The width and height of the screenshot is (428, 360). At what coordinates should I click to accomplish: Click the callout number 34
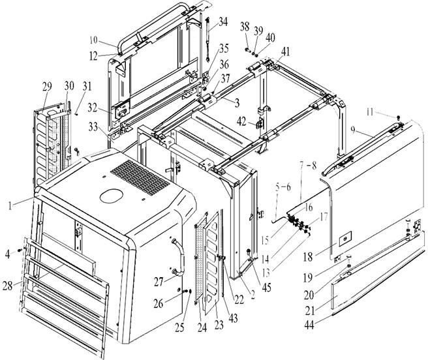tap(223, 22)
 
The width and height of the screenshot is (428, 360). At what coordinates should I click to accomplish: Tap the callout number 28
tap(7, 286)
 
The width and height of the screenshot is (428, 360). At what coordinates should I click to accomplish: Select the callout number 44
tap(309, 325)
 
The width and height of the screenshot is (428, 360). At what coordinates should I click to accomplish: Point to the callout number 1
tap(10, 205)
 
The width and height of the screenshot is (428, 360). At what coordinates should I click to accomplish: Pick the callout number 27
tap(159, 282)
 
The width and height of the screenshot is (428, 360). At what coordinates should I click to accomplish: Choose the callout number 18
tap(308, 256)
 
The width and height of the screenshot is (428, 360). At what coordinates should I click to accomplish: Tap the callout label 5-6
tap(283, 187)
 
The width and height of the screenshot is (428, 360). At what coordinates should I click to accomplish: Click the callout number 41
tap(286, 52)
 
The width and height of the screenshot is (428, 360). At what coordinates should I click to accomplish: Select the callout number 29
tap(47, 87)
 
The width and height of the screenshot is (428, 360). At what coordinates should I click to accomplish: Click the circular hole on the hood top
tap(112, 196)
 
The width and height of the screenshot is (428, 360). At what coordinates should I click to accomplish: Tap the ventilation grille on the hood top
tap(140, 177)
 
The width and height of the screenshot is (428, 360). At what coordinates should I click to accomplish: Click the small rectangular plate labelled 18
tap(345, 239)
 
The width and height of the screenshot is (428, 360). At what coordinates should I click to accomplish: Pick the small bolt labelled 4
tap(20, 250)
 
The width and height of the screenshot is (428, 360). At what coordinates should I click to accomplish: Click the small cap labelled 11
tap(398, 117)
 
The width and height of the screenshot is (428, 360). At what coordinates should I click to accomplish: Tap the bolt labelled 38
tap(248, 50)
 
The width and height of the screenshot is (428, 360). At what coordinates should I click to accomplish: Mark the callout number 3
tap(237, 103)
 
